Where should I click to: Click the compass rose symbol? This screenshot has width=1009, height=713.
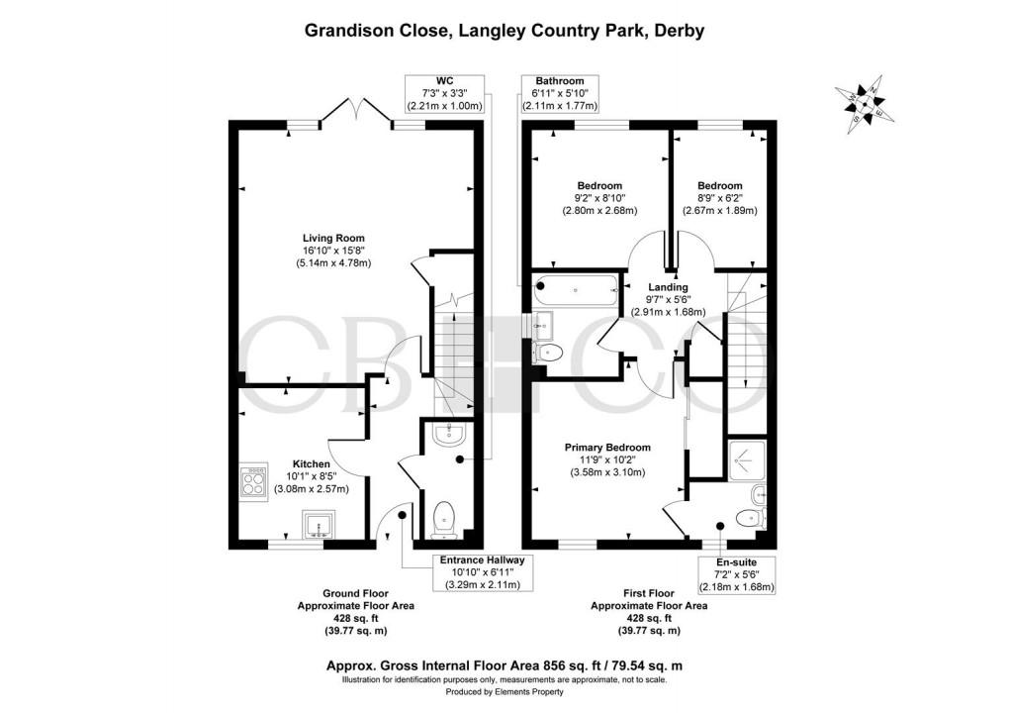pos(866,104)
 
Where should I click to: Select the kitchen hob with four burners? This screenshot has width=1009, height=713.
pos(253,481)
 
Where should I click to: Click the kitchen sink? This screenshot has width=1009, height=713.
pos(320,524)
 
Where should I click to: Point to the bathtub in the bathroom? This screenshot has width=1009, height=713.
pos(577,290)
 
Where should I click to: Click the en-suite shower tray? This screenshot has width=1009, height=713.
pos(747,460)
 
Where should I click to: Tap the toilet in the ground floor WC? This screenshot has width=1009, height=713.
pos(445,519)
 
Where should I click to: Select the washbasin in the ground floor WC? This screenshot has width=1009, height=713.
pos(448,435)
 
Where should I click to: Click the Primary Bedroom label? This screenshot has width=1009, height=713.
pos(607,448)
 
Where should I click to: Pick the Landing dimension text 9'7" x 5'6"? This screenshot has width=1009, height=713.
pos(668,299)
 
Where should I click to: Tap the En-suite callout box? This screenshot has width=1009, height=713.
pos(737,575)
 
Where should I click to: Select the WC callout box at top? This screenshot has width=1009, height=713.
pos(445,93)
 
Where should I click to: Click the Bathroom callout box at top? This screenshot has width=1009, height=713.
pos(560,93)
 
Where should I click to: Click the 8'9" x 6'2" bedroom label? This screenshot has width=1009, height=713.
pos(719,198)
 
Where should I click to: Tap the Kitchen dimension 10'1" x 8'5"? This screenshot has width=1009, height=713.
pos(312,476)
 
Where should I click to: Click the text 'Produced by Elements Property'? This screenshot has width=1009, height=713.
pos(504,692)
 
